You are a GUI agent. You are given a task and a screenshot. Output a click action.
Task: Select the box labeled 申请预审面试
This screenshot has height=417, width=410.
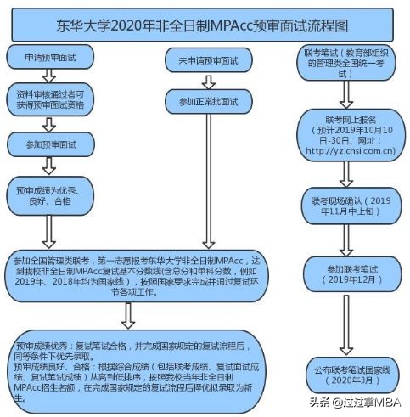tap(46, 58)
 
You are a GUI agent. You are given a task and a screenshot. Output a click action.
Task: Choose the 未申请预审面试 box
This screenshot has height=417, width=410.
tap(203, 60)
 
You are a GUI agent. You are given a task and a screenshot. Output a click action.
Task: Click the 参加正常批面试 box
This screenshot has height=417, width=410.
tap(203, 102)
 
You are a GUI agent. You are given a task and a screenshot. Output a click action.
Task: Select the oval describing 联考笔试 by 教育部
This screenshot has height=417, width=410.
tap(344, 63)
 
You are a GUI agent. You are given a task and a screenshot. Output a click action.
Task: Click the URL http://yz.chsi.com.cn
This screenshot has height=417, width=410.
tap(344, 151)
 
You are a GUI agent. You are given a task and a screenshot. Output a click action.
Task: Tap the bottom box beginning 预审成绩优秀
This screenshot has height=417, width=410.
tap(127, 364)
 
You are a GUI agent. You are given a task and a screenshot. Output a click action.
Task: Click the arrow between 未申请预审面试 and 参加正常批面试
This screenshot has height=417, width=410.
tap(203, 81)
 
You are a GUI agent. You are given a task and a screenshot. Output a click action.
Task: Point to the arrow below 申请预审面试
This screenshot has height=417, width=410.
tap(46, 78)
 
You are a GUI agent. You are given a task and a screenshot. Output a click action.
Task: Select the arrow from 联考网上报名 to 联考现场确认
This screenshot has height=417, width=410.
tap(344, 173)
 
